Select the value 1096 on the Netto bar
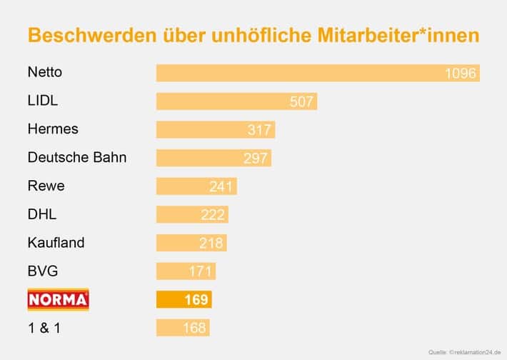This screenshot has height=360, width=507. pyautogui.click(x=460, y=74)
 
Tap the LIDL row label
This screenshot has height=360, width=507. pyautogui.click(x=43, y=101)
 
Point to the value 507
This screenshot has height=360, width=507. pyautogui.click(x=301, y=101)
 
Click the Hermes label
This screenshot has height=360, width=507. pyautogui.click(x=53, y=129)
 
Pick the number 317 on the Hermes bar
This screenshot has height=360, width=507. pyautogui.click(x=259, y=130)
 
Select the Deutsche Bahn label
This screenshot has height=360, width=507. pyautogui.click(x=77, y=157)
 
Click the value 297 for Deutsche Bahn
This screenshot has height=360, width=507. pyautogui.click(x=255, y=159)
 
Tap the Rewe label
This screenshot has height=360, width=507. pyautogui.click(x=46, y=186)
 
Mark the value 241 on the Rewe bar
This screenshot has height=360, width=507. pyautogui.click(x=221, y=186)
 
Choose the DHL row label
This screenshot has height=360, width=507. pyautogui.click(x=42, y=214)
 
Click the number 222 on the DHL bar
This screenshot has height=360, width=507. pyautogui.click(x=213, y=215)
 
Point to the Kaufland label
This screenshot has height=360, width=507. pyautogui.click(x=56, y=242)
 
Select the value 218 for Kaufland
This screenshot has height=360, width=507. pyautogui.click(x=211, y=244)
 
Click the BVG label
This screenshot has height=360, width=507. pyautogui.click(x=43, y=271)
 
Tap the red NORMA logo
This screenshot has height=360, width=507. pyautogui.click(x=58, y=299)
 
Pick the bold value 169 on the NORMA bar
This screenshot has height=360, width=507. pyautogui.click(x=196, y=300)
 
